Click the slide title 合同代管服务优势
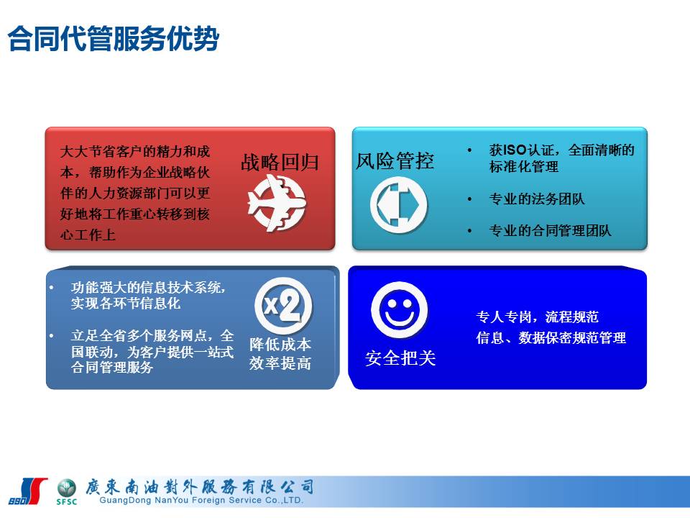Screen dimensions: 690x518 tap(113, 39)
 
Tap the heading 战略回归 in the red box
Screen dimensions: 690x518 tap(280, 162)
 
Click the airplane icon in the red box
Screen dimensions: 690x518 tap(277, 203)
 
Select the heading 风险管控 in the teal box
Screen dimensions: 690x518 tap(395, 160)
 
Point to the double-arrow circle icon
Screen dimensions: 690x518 tap(399, 205)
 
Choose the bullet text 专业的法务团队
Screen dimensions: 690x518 tap(537, 199)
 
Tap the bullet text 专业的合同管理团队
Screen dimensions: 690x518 tap(550, 230)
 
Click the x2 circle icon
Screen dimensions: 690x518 tap(283, 306)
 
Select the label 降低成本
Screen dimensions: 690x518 tap(280, 344)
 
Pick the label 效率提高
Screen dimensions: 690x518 tap(280, 363)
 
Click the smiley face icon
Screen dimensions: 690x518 tap(399, 309)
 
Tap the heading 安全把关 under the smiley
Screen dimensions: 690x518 tap(400, 358)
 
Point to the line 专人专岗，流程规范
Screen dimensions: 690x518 tap(538, 317)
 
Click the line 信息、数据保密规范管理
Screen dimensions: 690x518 tap(551, 338)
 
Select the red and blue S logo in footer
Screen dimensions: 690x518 tap(28, 491)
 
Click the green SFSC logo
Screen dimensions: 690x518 tap(66, 492)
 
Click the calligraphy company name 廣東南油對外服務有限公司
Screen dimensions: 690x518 tap(199, 487)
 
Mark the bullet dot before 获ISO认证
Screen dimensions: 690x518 tap(469, 150)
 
